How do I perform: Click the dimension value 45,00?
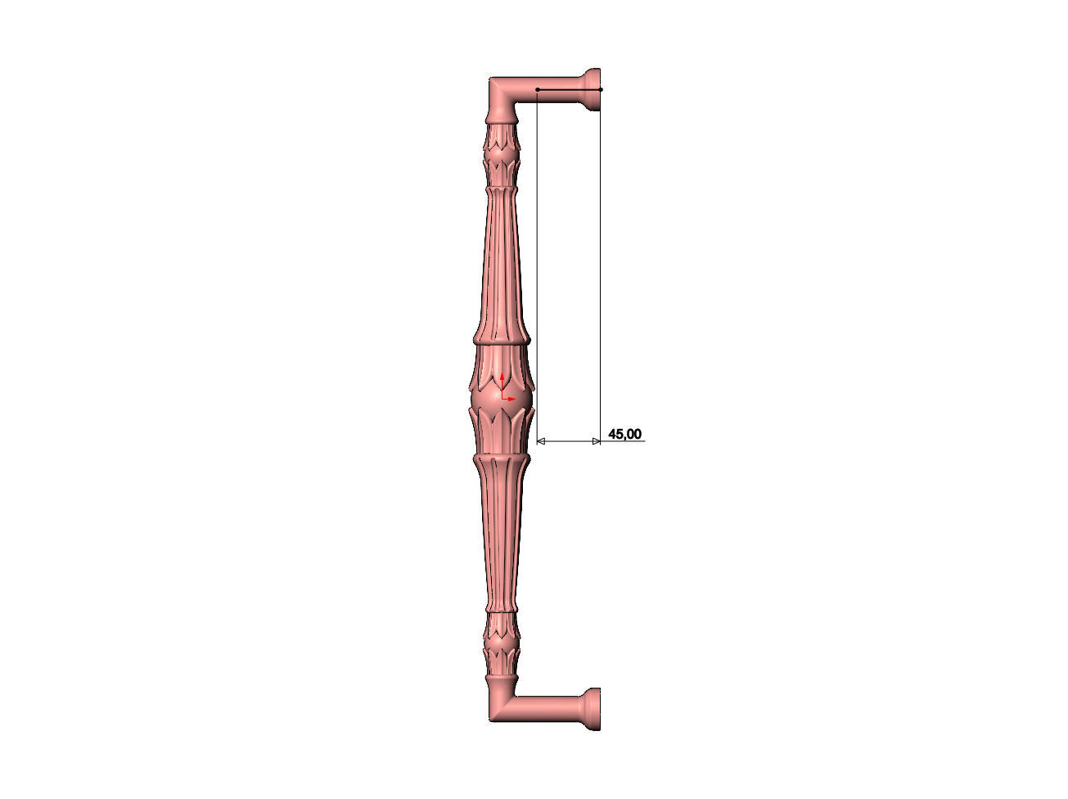624,434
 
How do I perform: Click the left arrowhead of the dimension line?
540,441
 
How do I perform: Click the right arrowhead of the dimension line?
596,441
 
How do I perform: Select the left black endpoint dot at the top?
537,89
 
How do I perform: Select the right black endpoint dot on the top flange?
600,89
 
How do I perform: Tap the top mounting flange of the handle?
593,89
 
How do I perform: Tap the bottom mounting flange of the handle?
593,709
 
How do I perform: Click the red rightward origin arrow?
511,399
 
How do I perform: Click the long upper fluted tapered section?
500,262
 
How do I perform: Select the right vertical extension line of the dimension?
600,262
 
